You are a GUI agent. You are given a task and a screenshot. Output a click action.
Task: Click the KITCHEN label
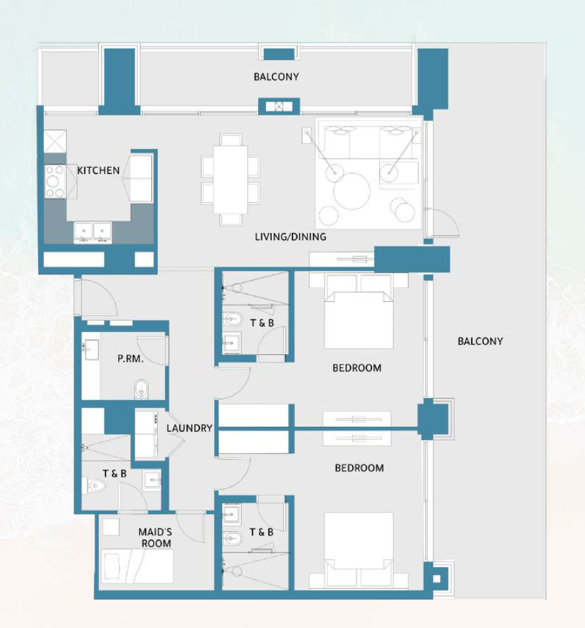point(98,171)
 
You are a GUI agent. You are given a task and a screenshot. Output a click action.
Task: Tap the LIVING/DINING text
point(291,237)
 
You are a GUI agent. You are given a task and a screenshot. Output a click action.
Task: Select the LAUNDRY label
point(190,428)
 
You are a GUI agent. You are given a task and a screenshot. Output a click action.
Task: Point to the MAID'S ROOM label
point(155,537)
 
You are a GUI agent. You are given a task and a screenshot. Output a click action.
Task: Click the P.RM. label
point(131,359)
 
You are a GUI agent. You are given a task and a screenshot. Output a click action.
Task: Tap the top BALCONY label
point(276,77)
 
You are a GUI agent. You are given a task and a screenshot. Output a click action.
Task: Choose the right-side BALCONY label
point(480,341)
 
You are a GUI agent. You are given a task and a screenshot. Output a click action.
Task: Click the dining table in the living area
point(230,180)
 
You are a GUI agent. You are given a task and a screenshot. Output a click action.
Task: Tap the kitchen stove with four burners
point(55,181)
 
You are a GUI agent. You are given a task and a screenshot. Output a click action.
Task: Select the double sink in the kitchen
point(93,232)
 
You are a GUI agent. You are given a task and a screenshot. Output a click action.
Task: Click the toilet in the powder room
point(141,389)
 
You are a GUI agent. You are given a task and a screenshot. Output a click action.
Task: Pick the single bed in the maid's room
point(137,566)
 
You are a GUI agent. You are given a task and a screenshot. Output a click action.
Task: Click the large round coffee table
point(352,191)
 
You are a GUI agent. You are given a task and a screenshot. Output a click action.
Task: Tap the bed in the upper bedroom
point(359,311)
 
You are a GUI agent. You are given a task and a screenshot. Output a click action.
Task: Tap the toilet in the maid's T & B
point(94,486)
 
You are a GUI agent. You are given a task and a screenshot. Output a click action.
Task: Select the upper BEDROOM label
point(357,368)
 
